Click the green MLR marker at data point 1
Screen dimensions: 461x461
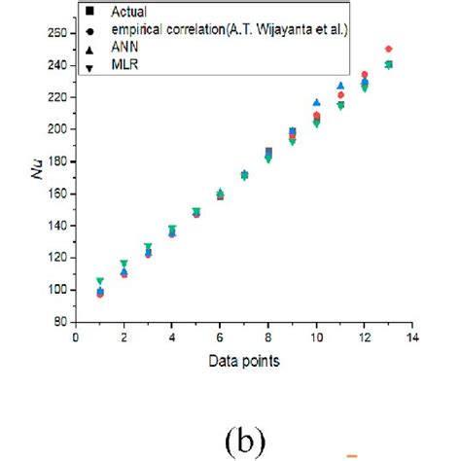tap(100, 281)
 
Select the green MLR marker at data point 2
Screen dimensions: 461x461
tap(124, 264)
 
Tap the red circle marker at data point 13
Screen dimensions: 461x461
tap(388, 49)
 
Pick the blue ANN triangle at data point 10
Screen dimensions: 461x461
tap(316, 102)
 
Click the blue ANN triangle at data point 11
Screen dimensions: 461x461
tap(340, 86)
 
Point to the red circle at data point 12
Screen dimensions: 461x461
tap(365, 75)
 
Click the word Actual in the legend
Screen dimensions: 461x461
tap(135, 11)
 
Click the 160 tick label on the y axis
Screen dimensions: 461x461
tap(57, 194)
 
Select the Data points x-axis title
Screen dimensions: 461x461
tap(244, 362)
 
